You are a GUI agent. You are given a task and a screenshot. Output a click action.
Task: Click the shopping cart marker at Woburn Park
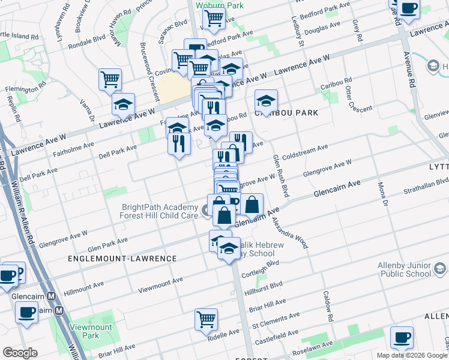point(214,19)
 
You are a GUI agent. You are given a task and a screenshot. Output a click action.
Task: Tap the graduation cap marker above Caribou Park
point(266,100)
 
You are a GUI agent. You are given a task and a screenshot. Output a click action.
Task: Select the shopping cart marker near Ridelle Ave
point(206,319)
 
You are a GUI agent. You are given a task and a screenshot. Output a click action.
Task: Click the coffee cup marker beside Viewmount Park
point(26,313)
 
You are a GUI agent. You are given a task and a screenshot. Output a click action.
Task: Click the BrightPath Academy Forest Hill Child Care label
point(158,211)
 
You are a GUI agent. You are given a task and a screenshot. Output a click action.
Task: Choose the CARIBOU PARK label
point(286,113)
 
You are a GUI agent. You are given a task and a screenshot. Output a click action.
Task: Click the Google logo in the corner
point(20,353)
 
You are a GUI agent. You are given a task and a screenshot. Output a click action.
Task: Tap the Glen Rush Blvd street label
point(277,174)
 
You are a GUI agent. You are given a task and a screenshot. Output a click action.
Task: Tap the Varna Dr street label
point(88,110)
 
